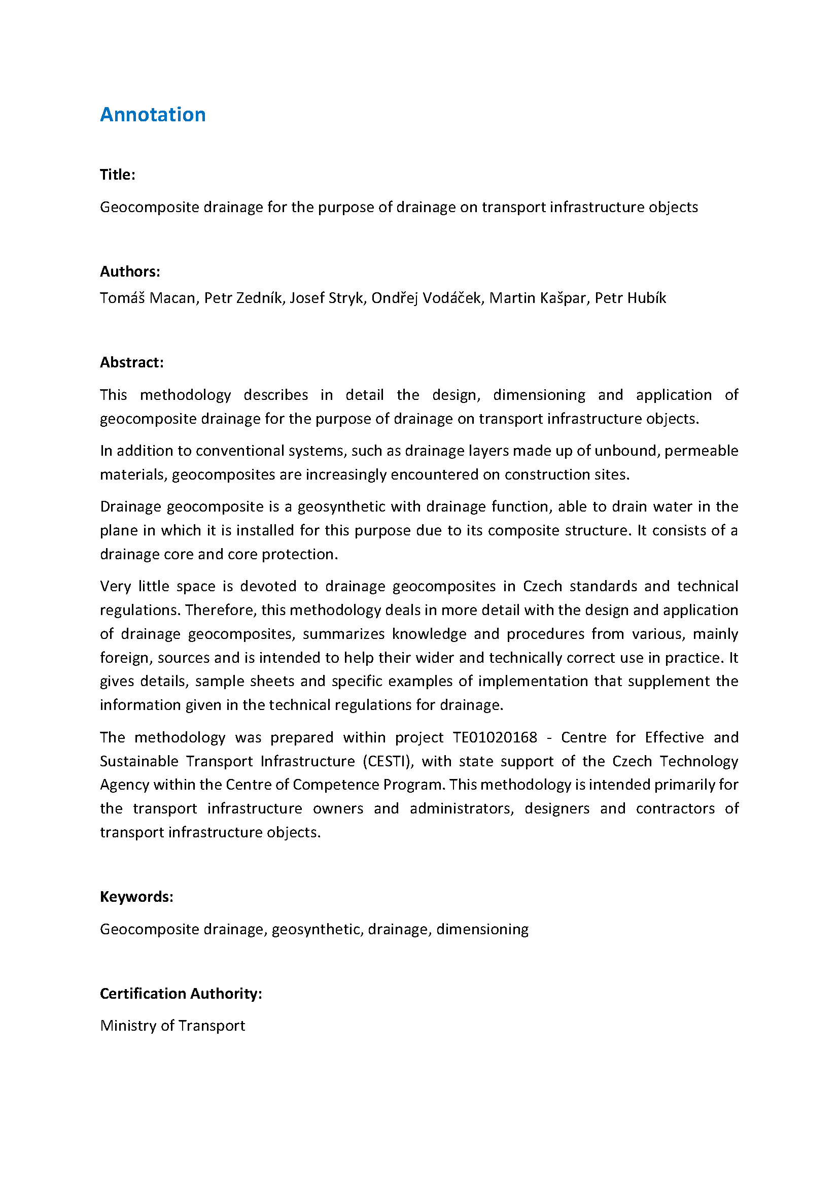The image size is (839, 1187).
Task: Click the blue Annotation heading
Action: tap(152, 115)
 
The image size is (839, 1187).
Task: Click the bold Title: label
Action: tap(117, 175)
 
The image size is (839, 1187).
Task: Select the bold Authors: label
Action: tap(130, 272)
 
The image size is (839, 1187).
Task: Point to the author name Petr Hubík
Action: tap(631, 298)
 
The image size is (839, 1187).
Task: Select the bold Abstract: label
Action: tap(131, 362)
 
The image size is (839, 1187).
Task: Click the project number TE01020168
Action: tap(495, 737)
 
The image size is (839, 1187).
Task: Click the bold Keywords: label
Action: tap(136, 896)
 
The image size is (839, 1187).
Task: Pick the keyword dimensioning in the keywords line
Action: tap(482, 929)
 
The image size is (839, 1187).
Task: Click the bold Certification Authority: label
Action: tap(181, 994)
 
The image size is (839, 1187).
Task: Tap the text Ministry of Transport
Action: tap(172, 1026)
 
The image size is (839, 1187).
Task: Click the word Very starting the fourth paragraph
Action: tap(115, 586)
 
